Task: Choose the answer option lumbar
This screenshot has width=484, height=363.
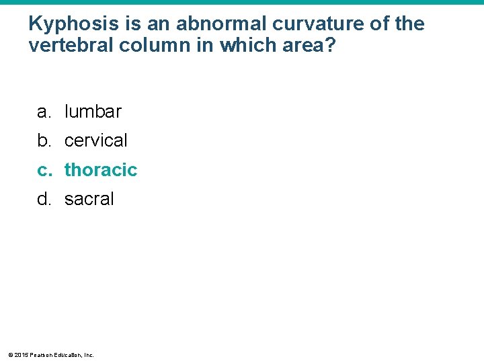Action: click(x=93, y=112)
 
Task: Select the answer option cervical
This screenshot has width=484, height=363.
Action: click(x=95, y=140)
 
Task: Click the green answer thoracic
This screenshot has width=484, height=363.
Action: click(x=101, y=170)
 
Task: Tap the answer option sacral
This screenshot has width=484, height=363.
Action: click(x=89, y=199)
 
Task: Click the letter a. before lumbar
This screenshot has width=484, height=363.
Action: click(x=44, y=112)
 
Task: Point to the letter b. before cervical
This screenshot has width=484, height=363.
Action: click(x=44, y=140)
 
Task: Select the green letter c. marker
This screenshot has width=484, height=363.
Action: click(x=44, y=170)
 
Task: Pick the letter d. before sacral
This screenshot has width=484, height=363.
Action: click(x=44, y=199)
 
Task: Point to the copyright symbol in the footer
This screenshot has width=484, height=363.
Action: click(x=9, y=355)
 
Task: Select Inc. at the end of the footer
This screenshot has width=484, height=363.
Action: click(x=89, y=355)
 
